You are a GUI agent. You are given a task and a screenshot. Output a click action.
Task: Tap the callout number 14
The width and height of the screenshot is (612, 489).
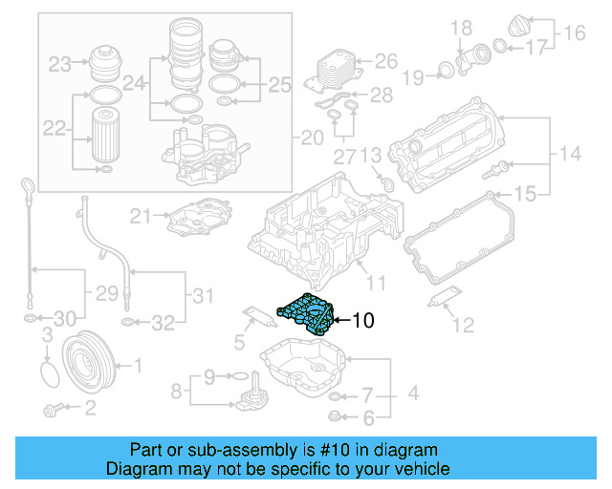click(570, 153)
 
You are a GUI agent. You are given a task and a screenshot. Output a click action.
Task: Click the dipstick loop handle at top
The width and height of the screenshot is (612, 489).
click(29, 184)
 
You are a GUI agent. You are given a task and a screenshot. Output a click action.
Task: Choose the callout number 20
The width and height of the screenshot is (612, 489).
click(313, 138)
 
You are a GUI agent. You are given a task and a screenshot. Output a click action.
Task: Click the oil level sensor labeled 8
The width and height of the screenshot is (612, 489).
click(251, 393)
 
